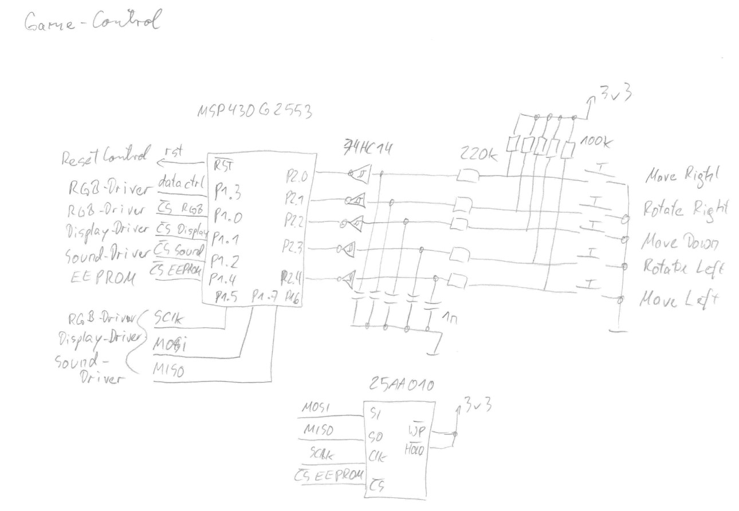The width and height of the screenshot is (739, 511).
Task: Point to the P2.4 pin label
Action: pyautogui.click(x=292, y=279)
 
